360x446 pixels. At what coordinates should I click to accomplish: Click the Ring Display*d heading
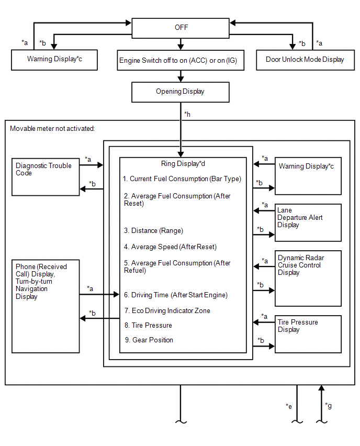(x=183, y=163)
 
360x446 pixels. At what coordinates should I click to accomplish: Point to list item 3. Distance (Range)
(x=153, y=231)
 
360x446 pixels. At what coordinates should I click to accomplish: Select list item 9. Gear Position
(x=149, y=340)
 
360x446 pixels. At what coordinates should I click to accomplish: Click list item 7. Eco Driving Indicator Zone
(x=167, y=310)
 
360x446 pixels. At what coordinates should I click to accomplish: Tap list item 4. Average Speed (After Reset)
(x=170, y=247)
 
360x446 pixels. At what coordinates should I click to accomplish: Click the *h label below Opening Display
(x=187, y=114)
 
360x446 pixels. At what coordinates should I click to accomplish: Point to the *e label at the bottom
(x=289, y=406)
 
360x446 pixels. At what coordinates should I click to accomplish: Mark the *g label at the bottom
(x=328, y=406)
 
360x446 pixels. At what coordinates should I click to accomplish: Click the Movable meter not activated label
(x=52, y=129)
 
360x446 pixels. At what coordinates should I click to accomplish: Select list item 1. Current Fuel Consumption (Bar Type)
(x=182, y=179)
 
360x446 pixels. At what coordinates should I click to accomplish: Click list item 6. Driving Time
(x=176, y=295)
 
